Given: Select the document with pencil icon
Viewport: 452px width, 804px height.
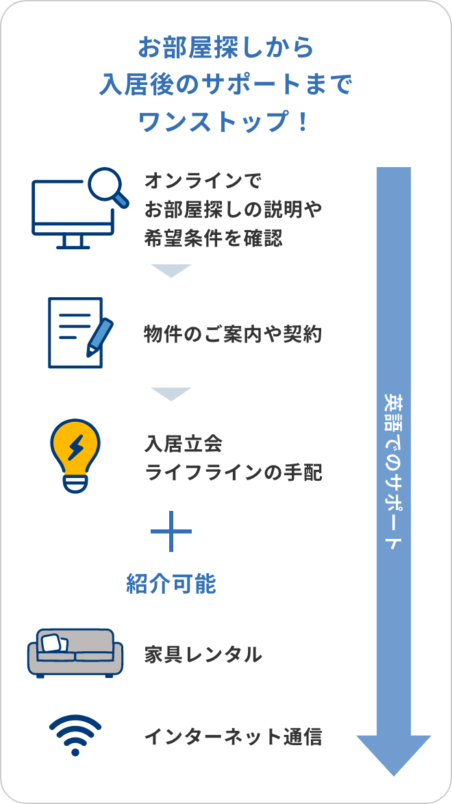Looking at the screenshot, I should pos(75,333).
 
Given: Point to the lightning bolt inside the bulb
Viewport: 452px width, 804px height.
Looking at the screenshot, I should pos(75,447).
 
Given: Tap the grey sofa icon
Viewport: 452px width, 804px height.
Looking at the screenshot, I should pos(75,653).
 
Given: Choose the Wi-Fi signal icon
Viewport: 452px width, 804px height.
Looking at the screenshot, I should pos(75,735).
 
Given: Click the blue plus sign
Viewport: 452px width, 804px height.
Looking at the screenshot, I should pos(171,531).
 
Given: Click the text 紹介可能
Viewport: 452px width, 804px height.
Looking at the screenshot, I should pos(171,583).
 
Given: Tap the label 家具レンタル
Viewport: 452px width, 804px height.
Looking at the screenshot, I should pos(203,655).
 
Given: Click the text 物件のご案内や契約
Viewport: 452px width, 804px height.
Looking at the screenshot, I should pos(233,334).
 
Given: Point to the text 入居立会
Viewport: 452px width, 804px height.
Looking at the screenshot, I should pos(184,444).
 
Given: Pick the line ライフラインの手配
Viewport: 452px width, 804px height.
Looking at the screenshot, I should pos(233,473).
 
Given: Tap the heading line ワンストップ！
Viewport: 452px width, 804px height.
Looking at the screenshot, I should pos(225,122).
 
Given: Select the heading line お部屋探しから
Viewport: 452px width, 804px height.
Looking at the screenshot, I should pos(225,48).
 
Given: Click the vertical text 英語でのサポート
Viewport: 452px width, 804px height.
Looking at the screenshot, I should pos(393,473).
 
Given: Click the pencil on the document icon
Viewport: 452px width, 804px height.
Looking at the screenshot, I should pos(100,336).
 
